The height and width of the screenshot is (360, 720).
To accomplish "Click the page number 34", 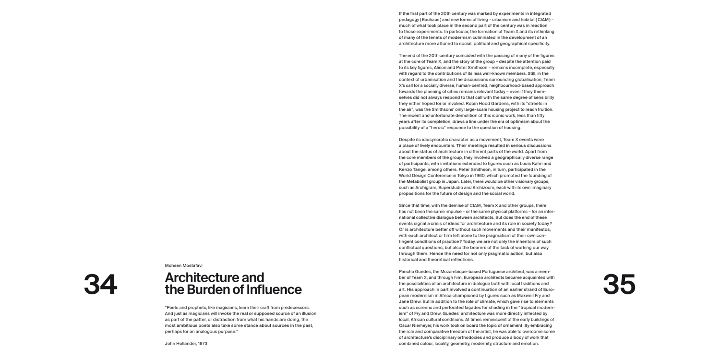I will (x=100, y=285).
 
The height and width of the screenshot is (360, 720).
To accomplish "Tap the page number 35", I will (x=619, y=285).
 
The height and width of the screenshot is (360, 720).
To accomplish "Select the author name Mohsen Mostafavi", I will (x=184, y=265).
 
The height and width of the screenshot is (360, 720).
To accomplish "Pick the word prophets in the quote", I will (x=190, y=307).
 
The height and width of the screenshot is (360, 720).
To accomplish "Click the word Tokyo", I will (x=459, y=176).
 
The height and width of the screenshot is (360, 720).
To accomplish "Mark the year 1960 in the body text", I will (x=477, y=176).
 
